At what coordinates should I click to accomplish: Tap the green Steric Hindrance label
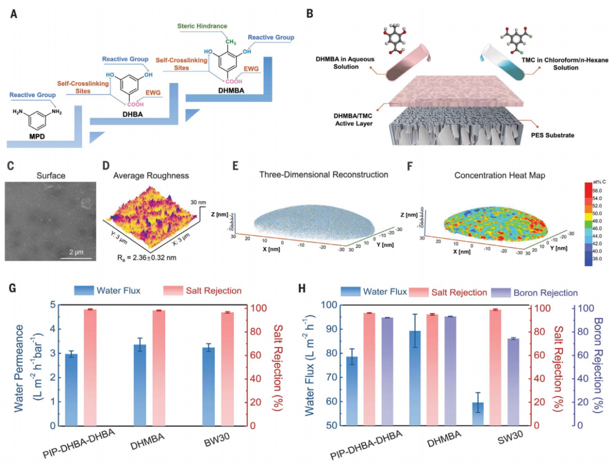point(201,26)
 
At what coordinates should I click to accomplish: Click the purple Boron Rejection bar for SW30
point(513,381)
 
